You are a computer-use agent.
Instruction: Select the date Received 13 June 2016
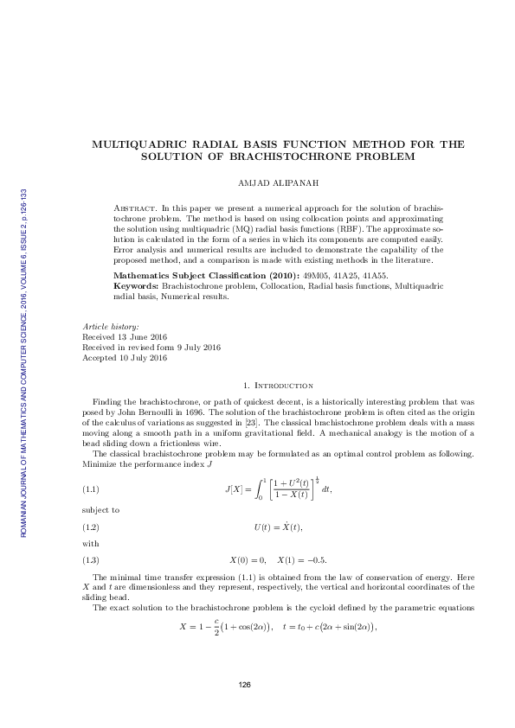(x=125, y=337)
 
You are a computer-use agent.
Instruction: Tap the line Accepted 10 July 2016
(x=124, y=357)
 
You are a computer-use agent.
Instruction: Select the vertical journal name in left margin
(x=23, y=363)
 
